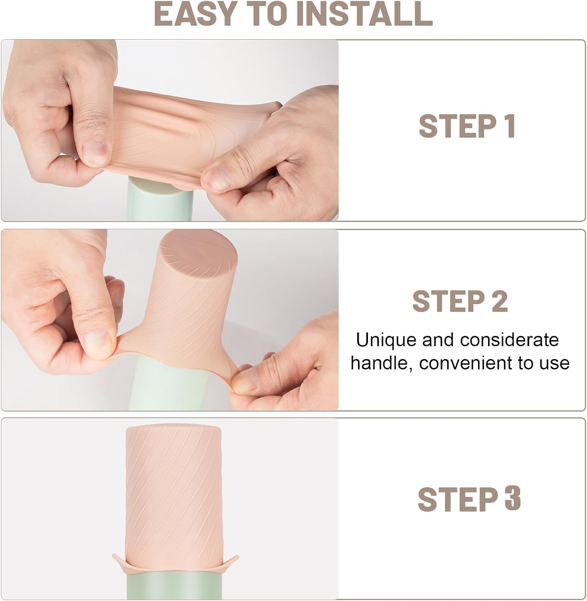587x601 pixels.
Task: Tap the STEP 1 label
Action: (x=467, y=126)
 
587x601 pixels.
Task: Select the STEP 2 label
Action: (x=460, y=301)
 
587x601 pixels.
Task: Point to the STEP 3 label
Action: (x=469, y=499)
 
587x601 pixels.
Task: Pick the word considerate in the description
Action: (x=509, y=340)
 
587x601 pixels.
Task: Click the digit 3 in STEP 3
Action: (x=512, y=499)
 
